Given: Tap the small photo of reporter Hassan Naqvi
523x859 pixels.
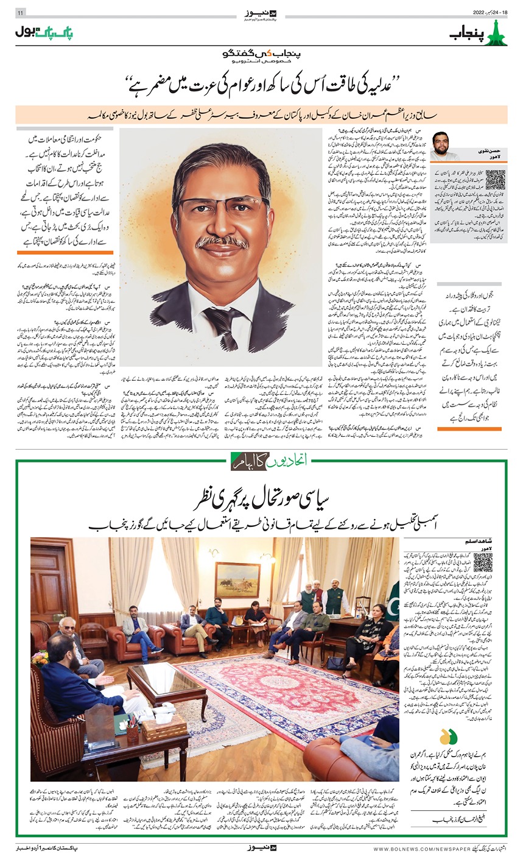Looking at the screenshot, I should [444, 146].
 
